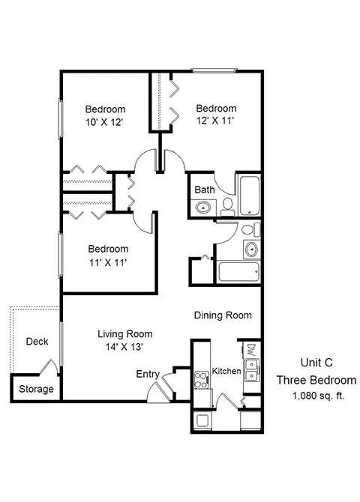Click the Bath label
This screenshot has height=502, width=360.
(x=205, y=190)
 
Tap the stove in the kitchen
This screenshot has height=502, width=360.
(x=201, y=380)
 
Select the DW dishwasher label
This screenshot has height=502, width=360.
(x=250, y=350)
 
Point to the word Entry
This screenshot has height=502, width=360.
(x=147, y=374)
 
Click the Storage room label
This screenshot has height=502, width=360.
(x=36, y=389)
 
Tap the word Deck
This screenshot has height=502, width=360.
(x=37, y=342)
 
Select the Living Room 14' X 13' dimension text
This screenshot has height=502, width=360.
(x=125, y=347)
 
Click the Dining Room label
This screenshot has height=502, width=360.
(x=223, y=315)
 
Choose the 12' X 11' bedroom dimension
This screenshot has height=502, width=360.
(x=215, y=121)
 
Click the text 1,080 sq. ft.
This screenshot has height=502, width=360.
(x=314, y=395)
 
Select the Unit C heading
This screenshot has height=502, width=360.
(x=316, y=360)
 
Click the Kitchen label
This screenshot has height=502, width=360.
(x=226, y=372)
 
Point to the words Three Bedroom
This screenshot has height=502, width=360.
(x=316, y=380)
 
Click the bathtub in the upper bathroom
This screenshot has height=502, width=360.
(x=248, y=194)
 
